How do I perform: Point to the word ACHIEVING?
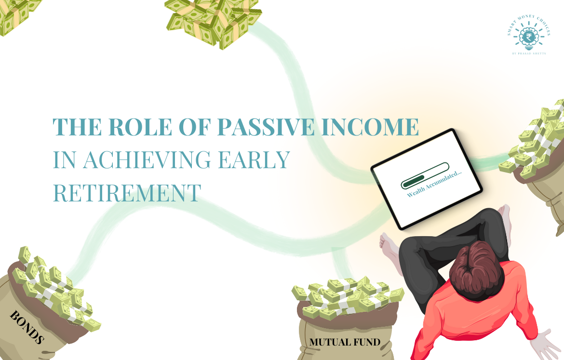[166, 160]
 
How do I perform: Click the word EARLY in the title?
[260, 160]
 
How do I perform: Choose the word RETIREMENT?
[126, 192]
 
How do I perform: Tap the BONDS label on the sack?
[27, 327]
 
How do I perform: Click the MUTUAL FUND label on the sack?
[345, 343]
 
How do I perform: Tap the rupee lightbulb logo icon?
[528, 36]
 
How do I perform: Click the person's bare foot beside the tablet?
[389, 246]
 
